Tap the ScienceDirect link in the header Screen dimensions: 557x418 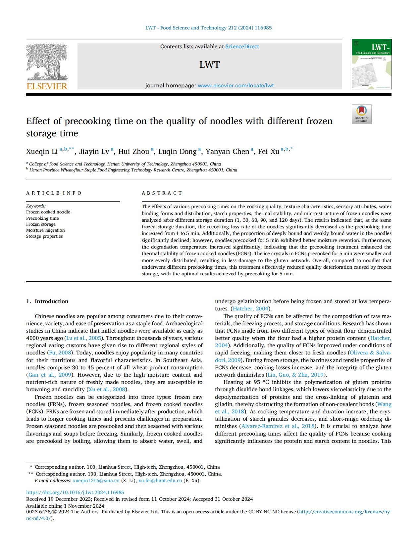(x=242, y=47)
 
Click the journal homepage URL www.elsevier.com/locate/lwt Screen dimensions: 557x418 (x=235, y=85)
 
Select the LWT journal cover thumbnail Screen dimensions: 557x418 (x=371, y=64)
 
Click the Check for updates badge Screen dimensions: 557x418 (x=361, y=114)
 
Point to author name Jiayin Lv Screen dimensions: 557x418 (x=94, y=152)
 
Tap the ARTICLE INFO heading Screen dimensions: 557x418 (x=54, y=193)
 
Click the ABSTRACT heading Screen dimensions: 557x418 (x=162, y=193)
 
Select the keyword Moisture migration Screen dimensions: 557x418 (x=45, y=230)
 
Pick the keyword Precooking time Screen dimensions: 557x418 (x=42, y=218)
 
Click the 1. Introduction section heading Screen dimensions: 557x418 (x=47, y=301)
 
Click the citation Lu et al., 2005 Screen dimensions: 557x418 (x=84, y=338)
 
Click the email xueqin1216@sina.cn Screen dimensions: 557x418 (x=96, y=481)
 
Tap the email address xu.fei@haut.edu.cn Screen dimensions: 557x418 (x=160, y=481)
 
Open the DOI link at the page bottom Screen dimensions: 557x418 (x=75, y=492)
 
